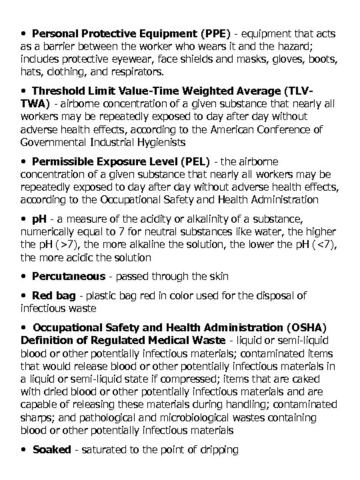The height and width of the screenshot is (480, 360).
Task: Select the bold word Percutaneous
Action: (x=69, y=276)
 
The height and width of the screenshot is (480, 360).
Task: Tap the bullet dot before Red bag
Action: (x=25, y=295)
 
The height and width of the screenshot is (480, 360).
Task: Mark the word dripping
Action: (x=217, y=450)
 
